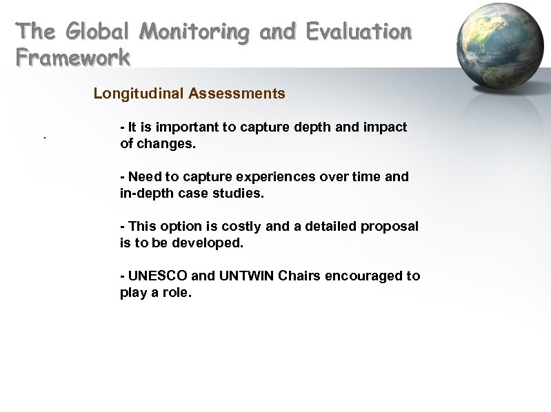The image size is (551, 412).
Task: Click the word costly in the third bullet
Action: tap(241, 227)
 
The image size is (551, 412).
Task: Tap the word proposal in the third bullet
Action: tap(393, 227)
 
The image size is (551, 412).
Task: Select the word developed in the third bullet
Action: tap(209, 244)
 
